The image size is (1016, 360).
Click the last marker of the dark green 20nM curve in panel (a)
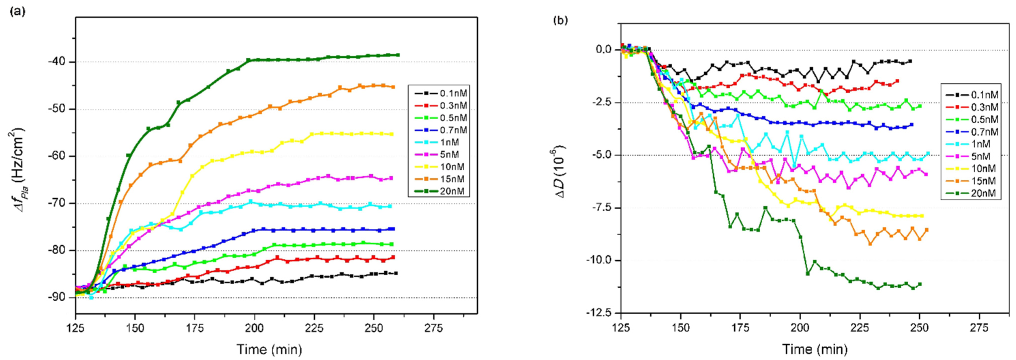pos(397,55)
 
